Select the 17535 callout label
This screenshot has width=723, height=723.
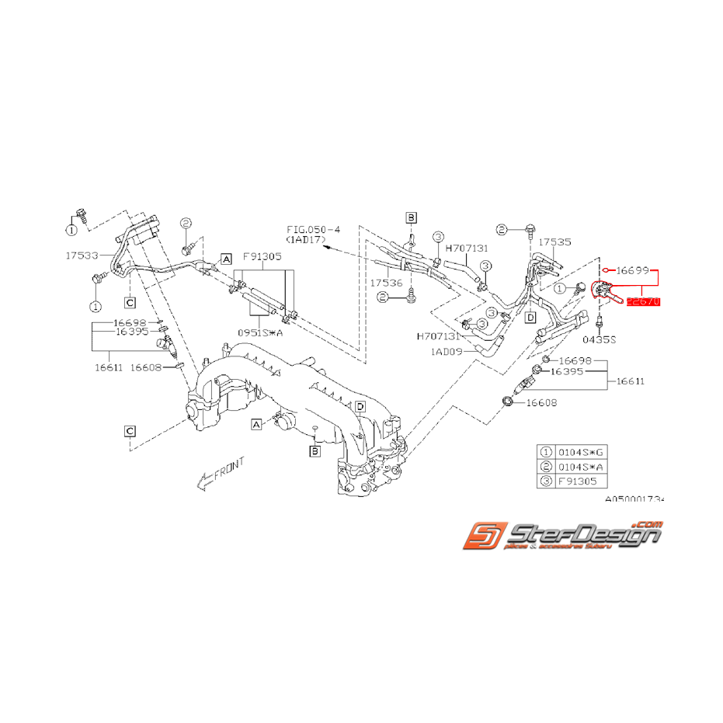[554, 242]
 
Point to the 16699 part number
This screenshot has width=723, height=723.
[632, 270]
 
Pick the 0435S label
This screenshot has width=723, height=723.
[599, 339]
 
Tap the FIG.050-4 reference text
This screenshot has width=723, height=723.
[313, 231]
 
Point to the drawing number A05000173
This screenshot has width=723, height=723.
[634, 501]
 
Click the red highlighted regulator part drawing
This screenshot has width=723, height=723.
[605, 292]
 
